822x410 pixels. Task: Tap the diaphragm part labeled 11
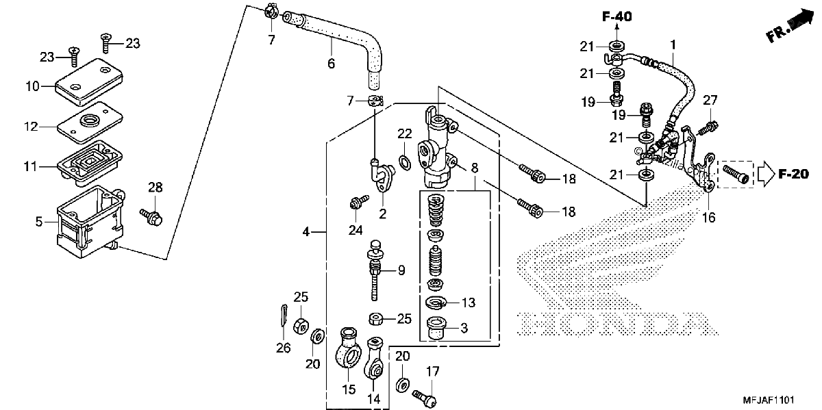pyautogui.click(x=90, y=163)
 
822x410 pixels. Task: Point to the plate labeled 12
pyautogui.click(x=90, y=123)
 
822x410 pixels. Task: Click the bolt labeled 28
pyautogui.click(x=151, y=217)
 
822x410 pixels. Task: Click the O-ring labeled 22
pyautogui.click(x=404, y=162)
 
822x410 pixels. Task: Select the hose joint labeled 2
pyautogui.click(x=382, y=175)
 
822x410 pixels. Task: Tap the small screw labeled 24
pyautogui.click(x=358, y=202)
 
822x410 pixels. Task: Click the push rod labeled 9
pyautogui.click(x=375, y=270)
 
